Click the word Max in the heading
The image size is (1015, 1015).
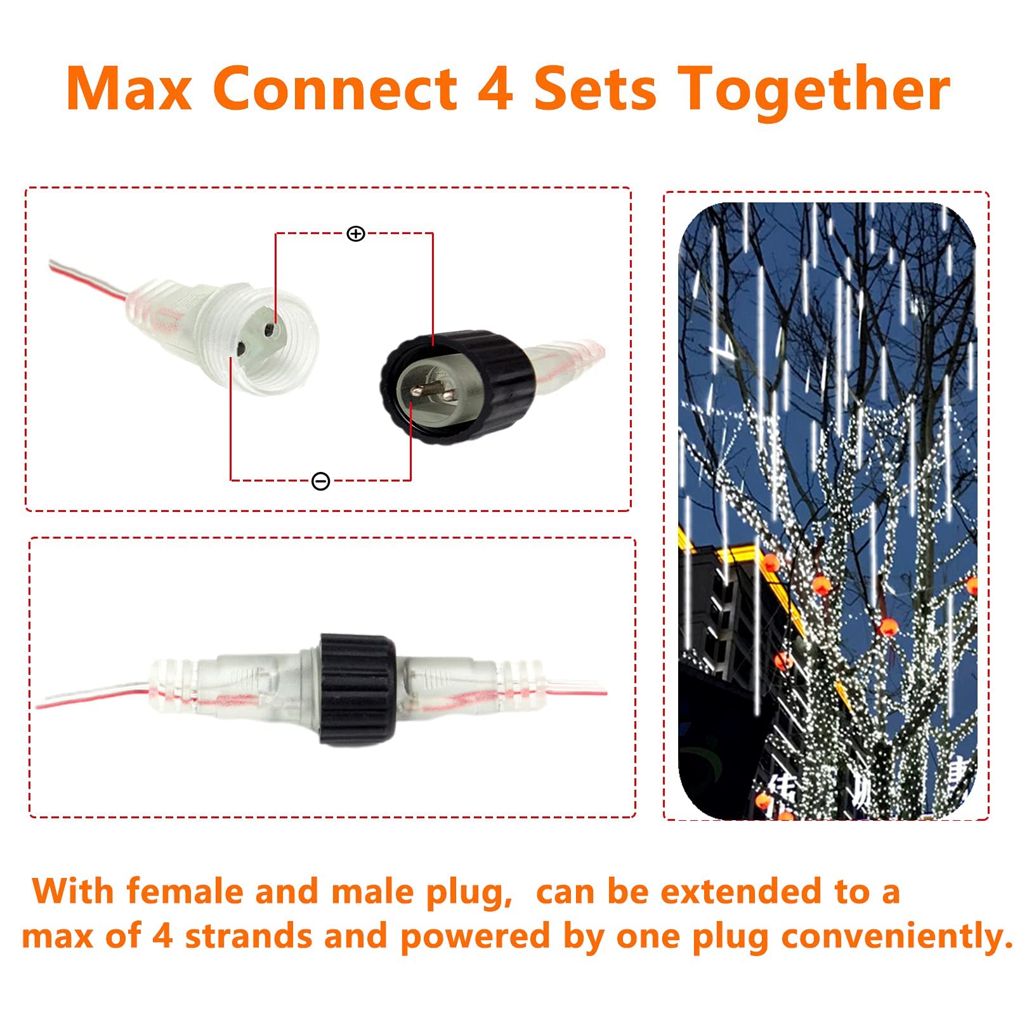(x=129, y=88)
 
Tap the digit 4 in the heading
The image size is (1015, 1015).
(x=495, y=88)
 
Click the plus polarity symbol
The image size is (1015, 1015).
(x=356, y=234)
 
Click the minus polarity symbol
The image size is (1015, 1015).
(x=321, y=481)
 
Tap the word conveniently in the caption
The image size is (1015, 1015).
(x=896, y=938)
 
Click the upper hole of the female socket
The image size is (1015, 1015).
(x=270, y=330)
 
